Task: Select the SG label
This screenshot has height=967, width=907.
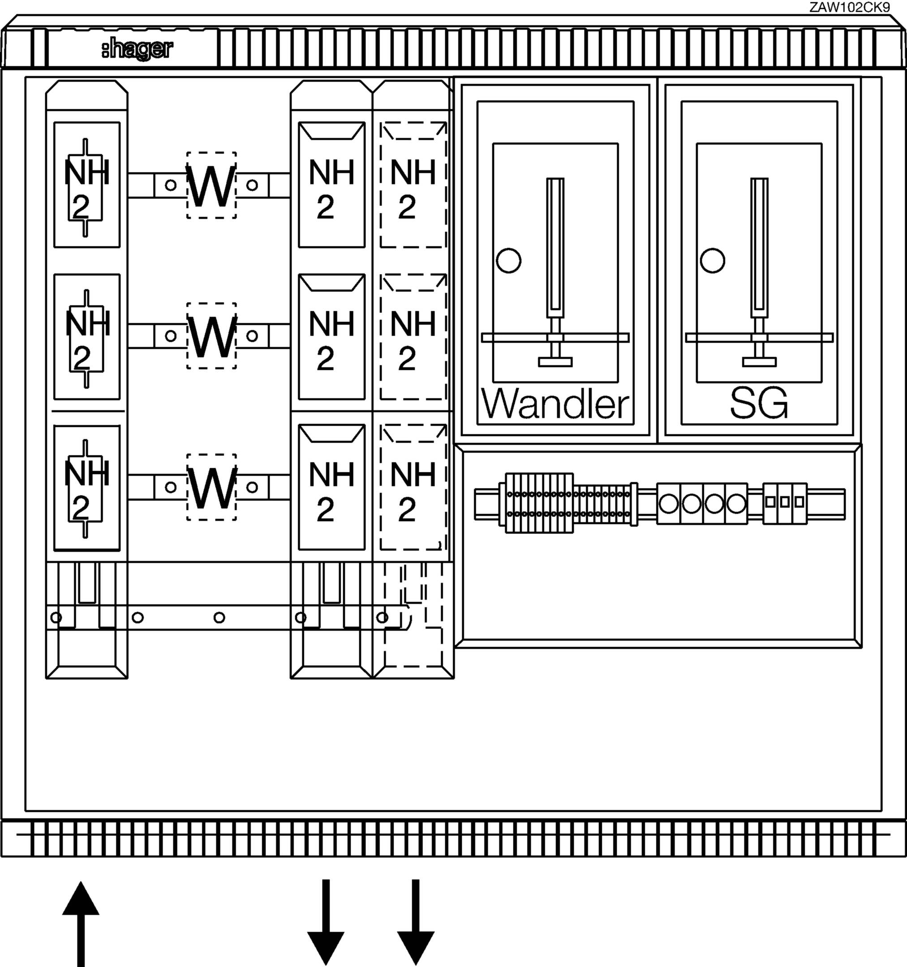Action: [x=759, y=403]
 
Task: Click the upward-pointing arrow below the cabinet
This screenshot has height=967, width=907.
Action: [x=81, y=924]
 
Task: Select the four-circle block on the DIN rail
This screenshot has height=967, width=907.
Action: [x=702, y=504]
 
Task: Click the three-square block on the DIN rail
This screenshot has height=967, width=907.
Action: [x=785, y=504]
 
